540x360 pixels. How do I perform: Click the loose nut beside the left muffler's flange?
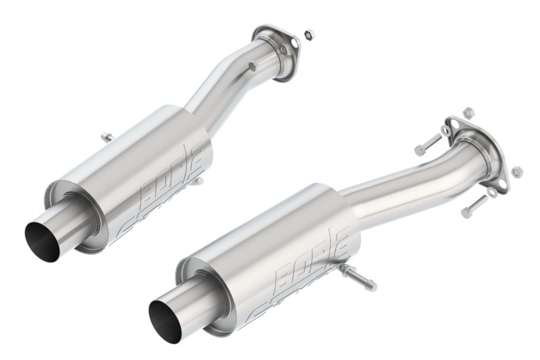click(308, 32)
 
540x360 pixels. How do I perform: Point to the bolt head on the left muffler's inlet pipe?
click(252, 66)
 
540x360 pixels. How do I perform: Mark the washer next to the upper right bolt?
click(446, 130)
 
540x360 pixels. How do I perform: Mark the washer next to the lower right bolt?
click(492, 192)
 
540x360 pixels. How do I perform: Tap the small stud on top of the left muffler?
click(107, 138)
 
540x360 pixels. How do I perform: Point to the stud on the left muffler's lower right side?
click(198, 180)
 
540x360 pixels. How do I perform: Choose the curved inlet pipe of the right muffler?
click(405, 182)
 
